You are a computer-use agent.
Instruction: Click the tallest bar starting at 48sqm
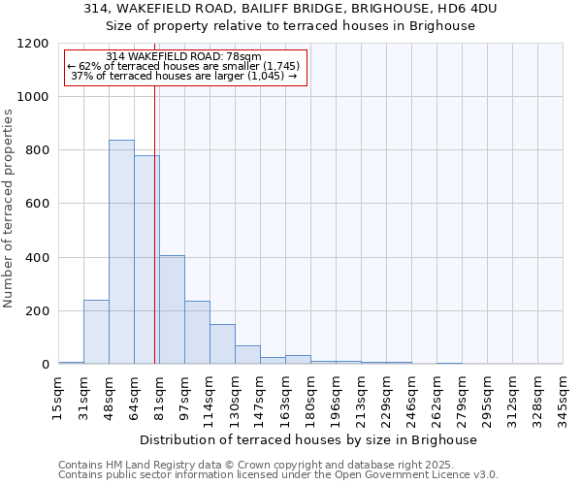(121, 252)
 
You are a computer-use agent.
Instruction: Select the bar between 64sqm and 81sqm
(146, 260)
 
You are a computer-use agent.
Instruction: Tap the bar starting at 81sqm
(172, 309)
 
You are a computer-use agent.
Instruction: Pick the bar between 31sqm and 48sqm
(96, 332)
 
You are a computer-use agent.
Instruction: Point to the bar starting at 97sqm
(197, 333)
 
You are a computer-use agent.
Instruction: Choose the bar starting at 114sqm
(222, 344)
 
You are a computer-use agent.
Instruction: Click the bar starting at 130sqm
(247, 355)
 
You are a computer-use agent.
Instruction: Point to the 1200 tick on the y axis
(32, 44)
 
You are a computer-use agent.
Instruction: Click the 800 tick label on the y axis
(36, 150)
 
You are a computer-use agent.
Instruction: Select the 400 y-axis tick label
(36, 258)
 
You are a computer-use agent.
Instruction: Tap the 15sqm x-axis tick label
(58, 395)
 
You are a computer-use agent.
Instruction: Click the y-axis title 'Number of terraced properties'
(9, 209)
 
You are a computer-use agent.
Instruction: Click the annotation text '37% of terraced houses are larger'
(183, 76)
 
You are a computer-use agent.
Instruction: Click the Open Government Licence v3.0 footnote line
(278, 474)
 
